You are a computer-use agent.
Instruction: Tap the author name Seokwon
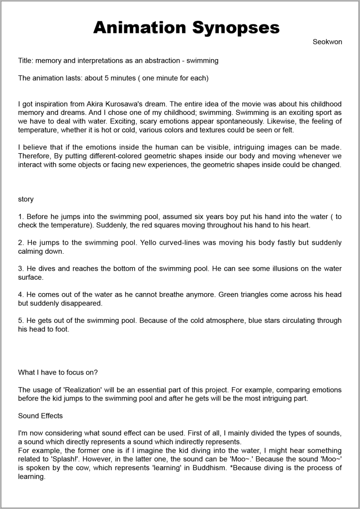point(327,42)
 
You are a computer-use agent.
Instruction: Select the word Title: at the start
point(27,61)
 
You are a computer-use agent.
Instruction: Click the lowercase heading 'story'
point(26,199)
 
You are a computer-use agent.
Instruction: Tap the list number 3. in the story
point(21,269)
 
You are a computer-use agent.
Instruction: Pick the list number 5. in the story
point(21,320)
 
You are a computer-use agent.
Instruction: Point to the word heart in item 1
point(300,225)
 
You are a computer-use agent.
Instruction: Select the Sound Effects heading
point(40,415)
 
